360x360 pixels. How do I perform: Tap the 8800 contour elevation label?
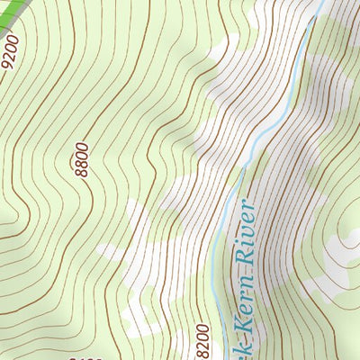tap(82, 159)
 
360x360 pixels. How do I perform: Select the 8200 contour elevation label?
tap(202, 340)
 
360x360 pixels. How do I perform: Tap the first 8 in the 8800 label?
tap(85, 173)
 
